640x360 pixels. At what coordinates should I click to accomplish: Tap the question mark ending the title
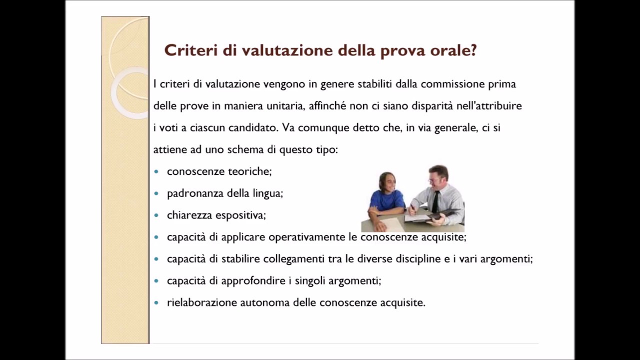(473, 50)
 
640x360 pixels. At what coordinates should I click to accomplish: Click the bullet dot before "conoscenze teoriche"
(156, 171)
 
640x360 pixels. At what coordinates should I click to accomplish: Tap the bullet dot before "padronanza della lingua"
(156, 193)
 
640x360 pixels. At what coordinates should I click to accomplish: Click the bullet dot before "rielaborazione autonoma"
(156, 303)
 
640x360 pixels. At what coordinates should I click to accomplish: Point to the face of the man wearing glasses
(437, 177)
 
